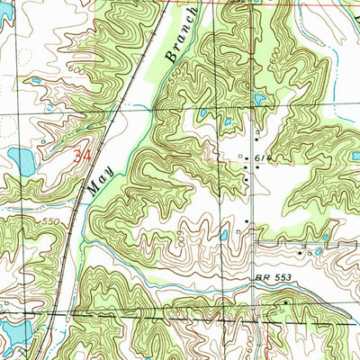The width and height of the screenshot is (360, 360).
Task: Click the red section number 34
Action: [x=83, y=156]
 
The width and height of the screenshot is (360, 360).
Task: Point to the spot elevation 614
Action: [x=262, y=157]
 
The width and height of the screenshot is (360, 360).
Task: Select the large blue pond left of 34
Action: [x=22, y=162]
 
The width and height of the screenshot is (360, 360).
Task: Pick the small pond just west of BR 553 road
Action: [x=223, y=236]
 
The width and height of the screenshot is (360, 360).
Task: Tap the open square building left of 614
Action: [x=240, y=157]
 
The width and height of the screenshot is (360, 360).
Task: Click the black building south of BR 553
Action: [x=286, y=303]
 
